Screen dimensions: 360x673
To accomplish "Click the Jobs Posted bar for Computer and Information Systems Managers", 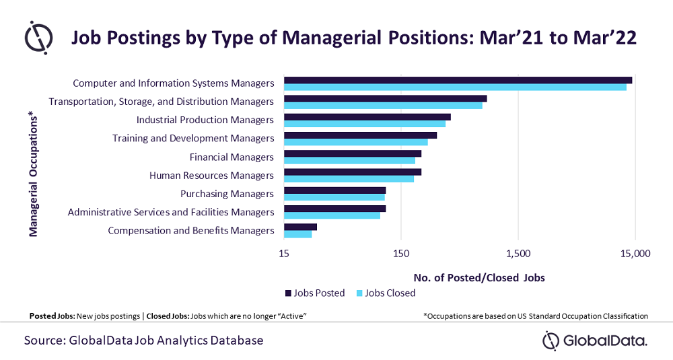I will (458, 80).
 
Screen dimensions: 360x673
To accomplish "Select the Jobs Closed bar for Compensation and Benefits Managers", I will (297, 234).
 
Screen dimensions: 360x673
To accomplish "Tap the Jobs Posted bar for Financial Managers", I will (353, 153).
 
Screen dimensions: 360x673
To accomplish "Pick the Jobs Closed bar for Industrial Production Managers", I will (365, 124).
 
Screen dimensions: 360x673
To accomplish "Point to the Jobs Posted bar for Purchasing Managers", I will (334, 190).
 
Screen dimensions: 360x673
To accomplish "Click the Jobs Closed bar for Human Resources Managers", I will (349, 179).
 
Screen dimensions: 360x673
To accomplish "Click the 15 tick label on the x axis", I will (284, 253).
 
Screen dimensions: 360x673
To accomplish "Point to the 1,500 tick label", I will (518, 253).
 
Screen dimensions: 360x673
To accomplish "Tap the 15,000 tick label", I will (635, 253).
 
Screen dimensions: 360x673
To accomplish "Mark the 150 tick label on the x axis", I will (401, 253).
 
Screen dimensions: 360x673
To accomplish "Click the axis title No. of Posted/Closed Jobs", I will (479, 277).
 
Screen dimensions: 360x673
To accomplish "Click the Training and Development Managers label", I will (193, 139).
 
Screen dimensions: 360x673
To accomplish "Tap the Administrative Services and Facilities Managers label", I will (171, 212).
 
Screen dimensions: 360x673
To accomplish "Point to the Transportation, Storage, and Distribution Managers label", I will (162, 102).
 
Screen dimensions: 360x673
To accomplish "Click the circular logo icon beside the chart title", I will (38, 38).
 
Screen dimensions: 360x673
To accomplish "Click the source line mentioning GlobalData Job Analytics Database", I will (143, 340).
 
